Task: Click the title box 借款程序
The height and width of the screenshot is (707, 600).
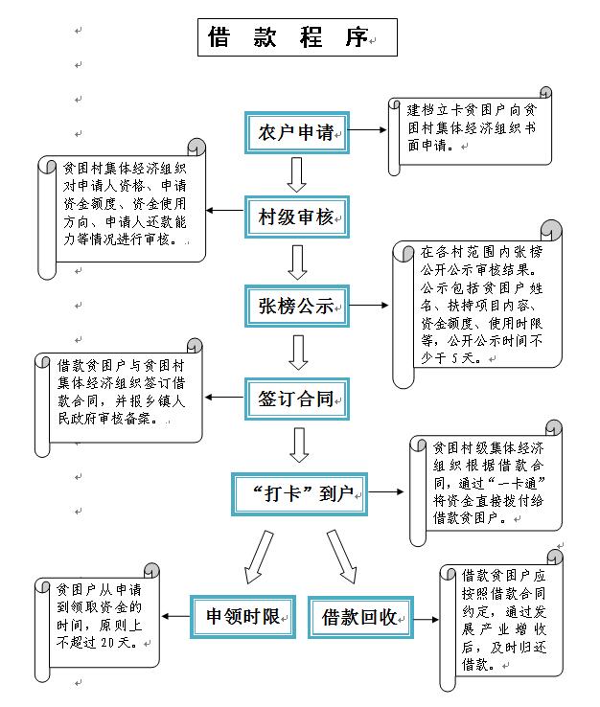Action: pyautogui.click(x=297, y=37)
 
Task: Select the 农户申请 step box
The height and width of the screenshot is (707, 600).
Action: pyautogui.click(x=297, y=132)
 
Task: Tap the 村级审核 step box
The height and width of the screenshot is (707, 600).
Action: pyautogui.click(x=297, y=217)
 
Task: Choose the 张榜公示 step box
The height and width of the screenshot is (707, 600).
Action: pyautogui.click(x=297, y=307)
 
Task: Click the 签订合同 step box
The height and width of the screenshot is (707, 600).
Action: pyautogui.click(x=297, y=399)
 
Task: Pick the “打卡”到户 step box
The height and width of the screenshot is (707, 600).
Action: pyautogui.click(x=299, y=494)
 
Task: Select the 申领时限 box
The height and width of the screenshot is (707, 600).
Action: pyautogui.click(x=242, y=616)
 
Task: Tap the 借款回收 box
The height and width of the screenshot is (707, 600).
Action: pyautogui.click(x=360, y=617)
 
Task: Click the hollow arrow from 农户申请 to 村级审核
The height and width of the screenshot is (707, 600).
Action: pyautogui.click(x=297, y=174)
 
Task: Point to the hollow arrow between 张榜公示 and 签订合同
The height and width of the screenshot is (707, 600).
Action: pyautogui.click(x=298, y=353)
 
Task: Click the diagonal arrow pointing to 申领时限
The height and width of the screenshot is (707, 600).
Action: pyautogui.click(x=259, y=558)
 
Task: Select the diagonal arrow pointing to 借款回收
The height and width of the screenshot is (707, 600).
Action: pyautogui.click(x=342, y=558)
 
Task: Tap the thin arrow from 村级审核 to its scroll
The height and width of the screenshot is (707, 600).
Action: pyautogui.click(x=225, y=210)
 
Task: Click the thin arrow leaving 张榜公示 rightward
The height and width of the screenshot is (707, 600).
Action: pyautogui.click(x=369, y=306)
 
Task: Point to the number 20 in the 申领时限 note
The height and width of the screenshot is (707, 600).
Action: pyautogui.click(x=107, y=643)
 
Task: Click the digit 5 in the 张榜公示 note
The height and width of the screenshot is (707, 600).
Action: pyautogui.click(x=454, y=358)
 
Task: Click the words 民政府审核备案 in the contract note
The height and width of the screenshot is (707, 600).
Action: pyautogui.click(x=104, y=419)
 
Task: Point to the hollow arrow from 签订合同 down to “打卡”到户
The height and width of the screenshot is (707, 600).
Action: pyautogui.click(x=299, y=445)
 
